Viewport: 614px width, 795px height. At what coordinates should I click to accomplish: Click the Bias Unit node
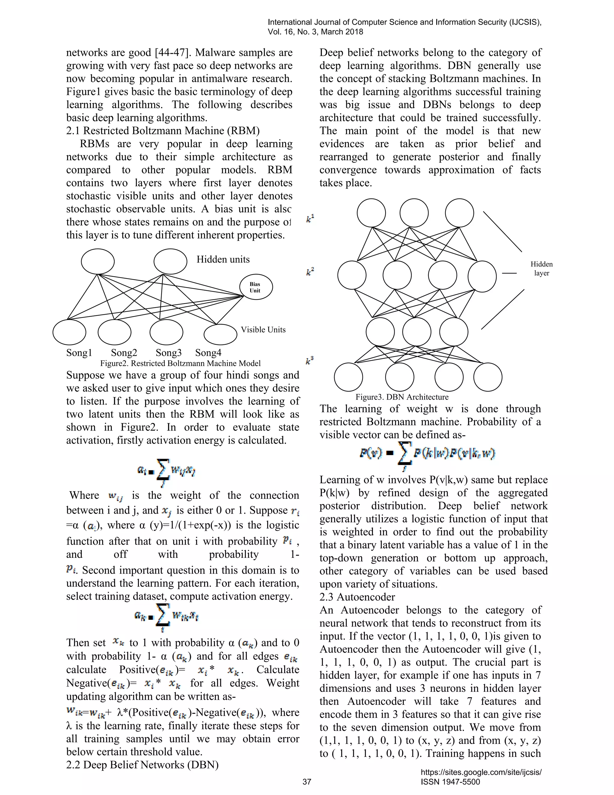tap(256, 287)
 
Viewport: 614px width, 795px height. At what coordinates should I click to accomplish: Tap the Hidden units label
tap(223, 259)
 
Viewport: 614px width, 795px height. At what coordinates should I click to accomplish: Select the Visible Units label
tap(263, 329)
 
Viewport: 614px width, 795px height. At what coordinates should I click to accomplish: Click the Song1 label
tap(79, 352)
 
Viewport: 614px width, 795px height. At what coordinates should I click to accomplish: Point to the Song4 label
tap(208, 352)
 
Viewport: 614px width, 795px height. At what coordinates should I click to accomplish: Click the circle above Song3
tap(166, 332)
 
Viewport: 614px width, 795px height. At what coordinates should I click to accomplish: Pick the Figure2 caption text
tap(180, 363)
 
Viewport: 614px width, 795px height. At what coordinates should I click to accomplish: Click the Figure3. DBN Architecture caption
tap(402, 397)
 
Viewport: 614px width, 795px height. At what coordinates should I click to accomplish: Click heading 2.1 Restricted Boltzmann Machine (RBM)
tap(162, 131)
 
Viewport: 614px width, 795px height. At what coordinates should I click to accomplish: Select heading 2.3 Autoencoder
tap(357, 597)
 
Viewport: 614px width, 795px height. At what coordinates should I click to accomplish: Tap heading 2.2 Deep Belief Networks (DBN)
tap(142, 764)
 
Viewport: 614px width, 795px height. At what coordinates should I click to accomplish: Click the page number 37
tap(307, 781)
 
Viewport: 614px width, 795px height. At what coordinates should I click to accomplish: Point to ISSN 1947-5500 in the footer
tap(450, 781)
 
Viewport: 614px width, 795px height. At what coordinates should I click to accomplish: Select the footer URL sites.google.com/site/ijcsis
tap(481, 772)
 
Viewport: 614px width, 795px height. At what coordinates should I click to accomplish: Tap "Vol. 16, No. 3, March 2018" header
tap(315, 32)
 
